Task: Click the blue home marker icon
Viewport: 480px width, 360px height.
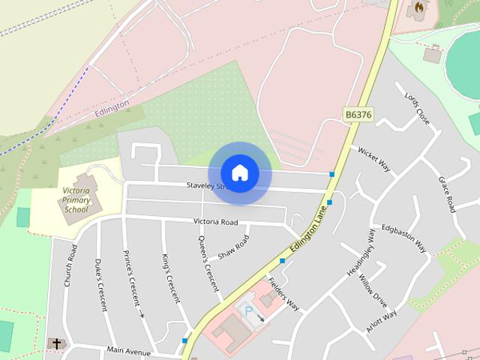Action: coord(239,172)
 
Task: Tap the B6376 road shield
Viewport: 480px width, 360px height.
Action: coord(358,115)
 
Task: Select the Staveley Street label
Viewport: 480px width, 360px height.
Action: coord(212,185)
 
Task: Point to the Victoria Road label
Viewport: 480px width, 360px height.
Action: coord(215,222)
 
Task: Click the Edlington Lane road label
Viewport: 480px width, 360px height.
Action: coord(310,232)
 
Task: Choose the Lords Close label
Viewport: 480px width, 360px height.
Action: coord(417,109)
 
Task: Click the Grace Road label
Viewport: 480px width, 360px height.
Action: coord(447,193)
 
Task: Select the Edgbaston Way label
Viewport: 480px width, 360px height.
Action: coord(403,237)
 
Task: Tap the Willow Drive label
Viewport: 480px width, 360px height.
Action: coord(373,291)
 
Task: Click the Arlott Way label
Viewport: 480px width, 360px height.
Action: coord(382,319)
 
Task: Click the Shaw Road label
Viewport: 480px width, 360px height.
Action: coord(232,247)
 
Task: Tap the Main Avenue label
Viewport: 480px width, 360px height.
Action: coord(128,349)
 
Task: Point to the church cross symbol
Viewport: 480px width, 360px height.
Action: coord(55,343)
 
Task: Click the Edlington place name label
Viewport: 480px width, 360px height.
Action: coord(112,108)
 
